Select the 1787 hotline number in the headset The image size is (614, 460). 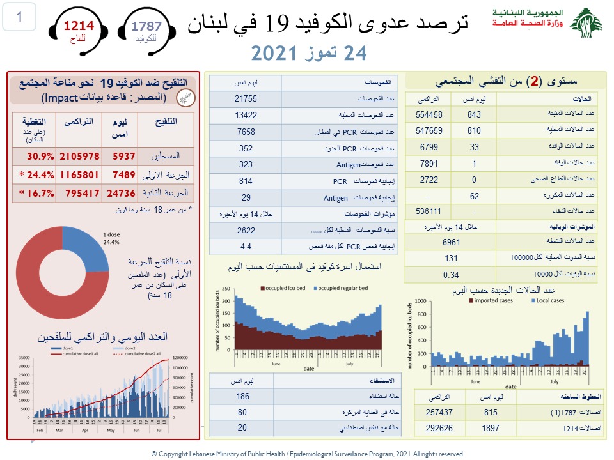[x=146, y=26]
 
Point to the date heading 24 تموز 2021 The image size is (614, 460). [x=310, y=54]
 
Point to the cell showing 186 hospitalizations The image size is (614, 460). [x=242, y=397]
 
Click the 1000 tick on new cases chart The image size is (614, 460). [x=421, y=300]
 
